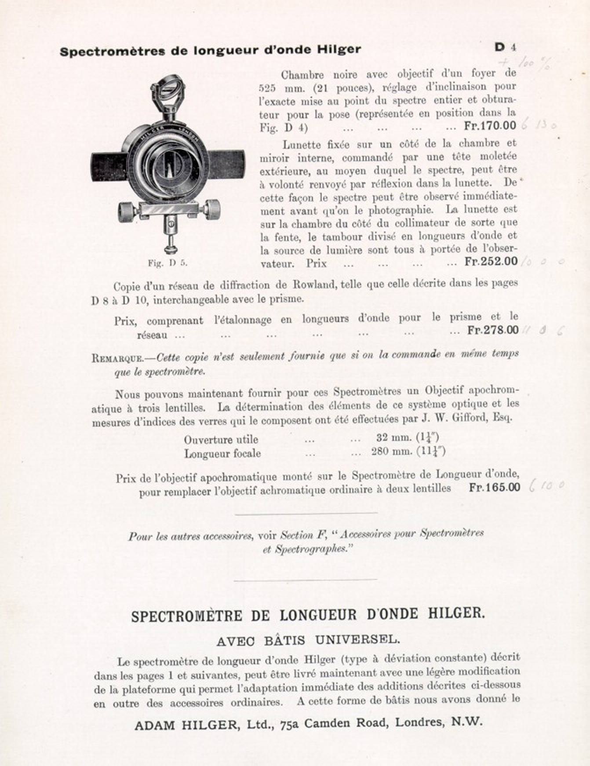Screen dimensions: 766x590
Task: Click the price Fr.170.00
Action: point(490,126)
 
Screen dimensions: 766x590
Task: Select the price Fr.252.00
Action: point(491,262)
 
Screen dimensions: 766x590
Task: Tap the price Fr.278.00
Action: point(493,330)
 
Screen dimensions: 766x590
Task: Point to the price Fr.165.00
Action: point(495,487)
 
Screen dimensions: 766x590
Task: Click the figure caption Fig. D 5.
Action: point(168,263)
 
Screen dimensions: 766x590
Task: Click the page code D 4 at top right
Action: point(505,47)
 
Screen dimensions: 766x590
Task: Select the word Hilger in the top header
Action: point(339,49)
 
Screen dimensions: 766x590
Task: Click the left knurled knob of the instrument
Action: point(127,212)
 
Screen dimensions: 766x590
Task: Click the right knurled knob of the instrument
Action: point(212,209)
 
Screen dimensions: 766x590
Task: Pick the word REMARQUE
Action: point(117,357)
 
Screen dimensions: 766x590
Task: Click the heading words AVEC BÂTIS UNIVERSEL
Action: point(308,640)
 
